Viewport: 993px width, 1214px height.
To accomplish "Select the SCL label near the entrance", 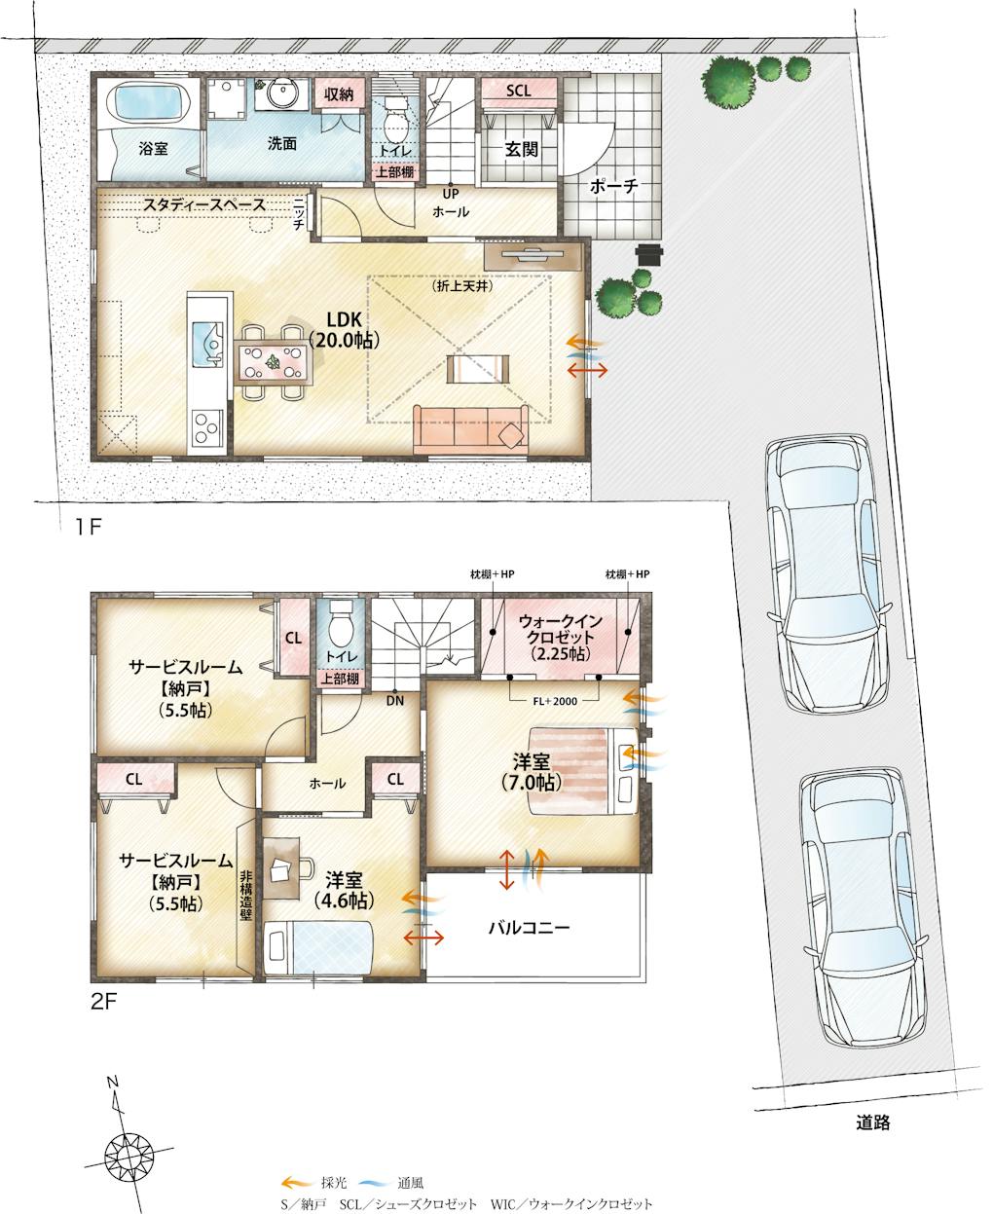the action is pos(519,91).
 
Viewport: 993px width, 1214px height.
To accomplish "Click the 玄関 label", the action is pos(522,150).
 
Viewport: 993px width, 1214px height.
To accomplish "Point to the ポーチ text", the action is pos(614,187).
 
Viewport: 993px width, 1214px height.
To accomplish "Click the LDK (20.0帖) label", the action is pos(345,329).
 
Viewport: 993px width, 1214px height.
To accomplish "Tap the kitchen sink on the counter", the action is pos(206,344).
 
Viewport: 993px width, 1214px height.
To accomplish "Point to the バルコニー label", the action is pos(529,928).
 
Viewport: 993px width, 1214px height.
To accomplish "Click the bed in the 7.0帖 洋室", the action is pos(584,771).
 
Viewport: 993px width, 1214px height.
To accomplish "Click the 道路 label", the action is pos(873,1122).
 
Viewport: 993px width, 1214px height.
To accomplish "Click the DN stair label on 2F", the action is pos(395,701).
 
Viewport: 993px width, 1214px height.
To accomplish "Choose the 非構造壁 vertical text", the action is pos(245,895).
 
